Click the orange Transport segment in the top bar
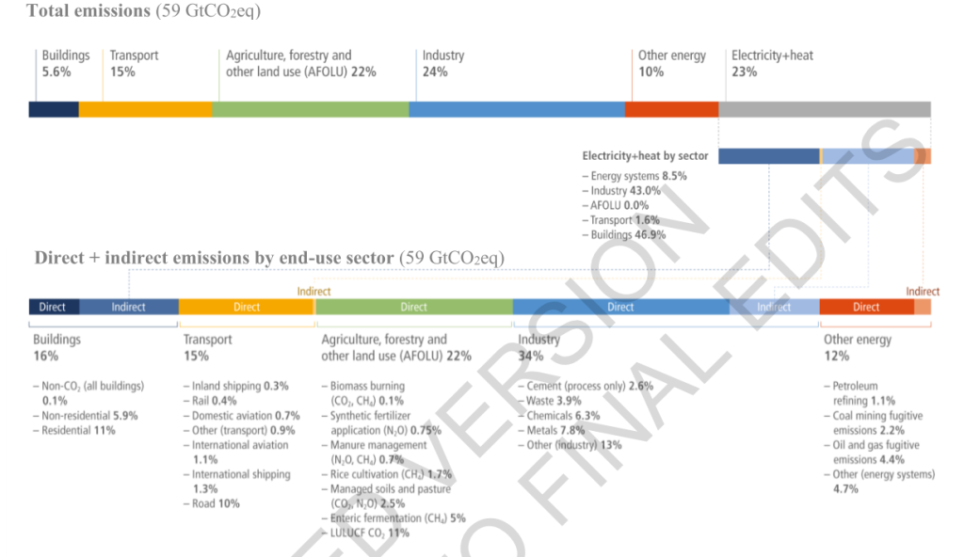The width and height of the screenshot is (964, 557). tap(145, 109)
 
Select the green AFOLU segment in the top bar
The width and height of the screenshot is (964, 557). tap(310, 109)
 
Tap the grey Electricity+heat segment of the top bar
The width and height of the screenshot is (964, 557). tap(824, 109)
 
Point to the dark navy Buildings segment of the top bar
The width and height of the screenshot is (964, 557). tap(54, 109)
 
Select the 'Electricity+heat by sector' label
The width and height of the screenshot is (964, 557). tap(645, 156)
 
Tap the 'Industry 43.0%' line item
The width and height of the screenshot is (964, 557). tap(625, 191)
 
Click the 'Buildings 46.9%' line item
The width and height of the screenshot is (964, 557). tap(628, 235)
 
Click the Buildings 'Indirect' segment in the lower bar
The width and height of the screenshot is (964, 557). tap(129, 307)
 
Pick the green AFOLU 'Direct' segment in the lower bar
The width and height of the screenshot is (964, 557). tap(413, 307)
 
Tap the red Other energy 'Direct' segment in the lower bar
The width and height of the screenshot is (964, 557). tap(865, 307)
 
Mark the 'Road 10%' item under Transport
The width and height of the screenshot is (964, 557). tap(216, 504)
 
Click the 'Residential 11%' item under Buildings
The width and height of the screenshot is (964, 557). tap(78, 430)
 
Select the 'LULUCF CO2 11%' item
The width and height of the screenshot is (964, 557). tap(369, 533)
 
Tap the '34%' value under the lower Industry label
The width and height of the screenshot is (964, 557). tap(529, 357)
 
